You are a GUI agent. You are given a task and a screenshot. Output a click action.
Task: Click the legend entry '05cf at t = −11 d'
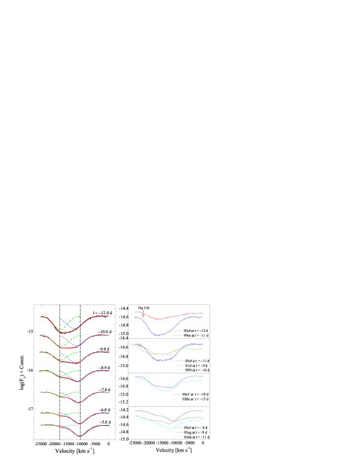[192, 360]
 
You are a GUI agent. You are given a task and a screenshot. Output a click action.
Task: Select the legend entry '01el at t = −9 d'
[192, 365]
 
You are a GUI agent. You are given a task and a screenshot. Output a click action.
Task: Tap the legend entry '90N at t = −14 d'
[192, 370]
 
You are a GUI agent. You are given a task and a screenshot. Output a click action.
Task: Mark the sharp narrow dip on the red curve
[144, 315]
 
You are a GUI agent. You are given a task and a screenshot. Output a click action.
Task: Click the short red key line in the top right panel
[177, 335]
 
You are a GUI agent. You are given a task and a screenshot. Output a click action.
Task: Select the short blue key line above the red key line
[177, 331]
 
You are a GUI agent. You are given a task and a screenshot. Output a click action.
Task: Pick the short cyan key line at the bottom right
[179, 436]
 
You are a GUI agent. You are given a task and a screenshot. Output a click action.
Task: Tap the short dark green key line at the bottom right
[179, 433]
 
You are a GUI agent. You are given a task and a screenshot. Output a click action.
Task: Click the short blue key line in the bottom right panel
[179, 429]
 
